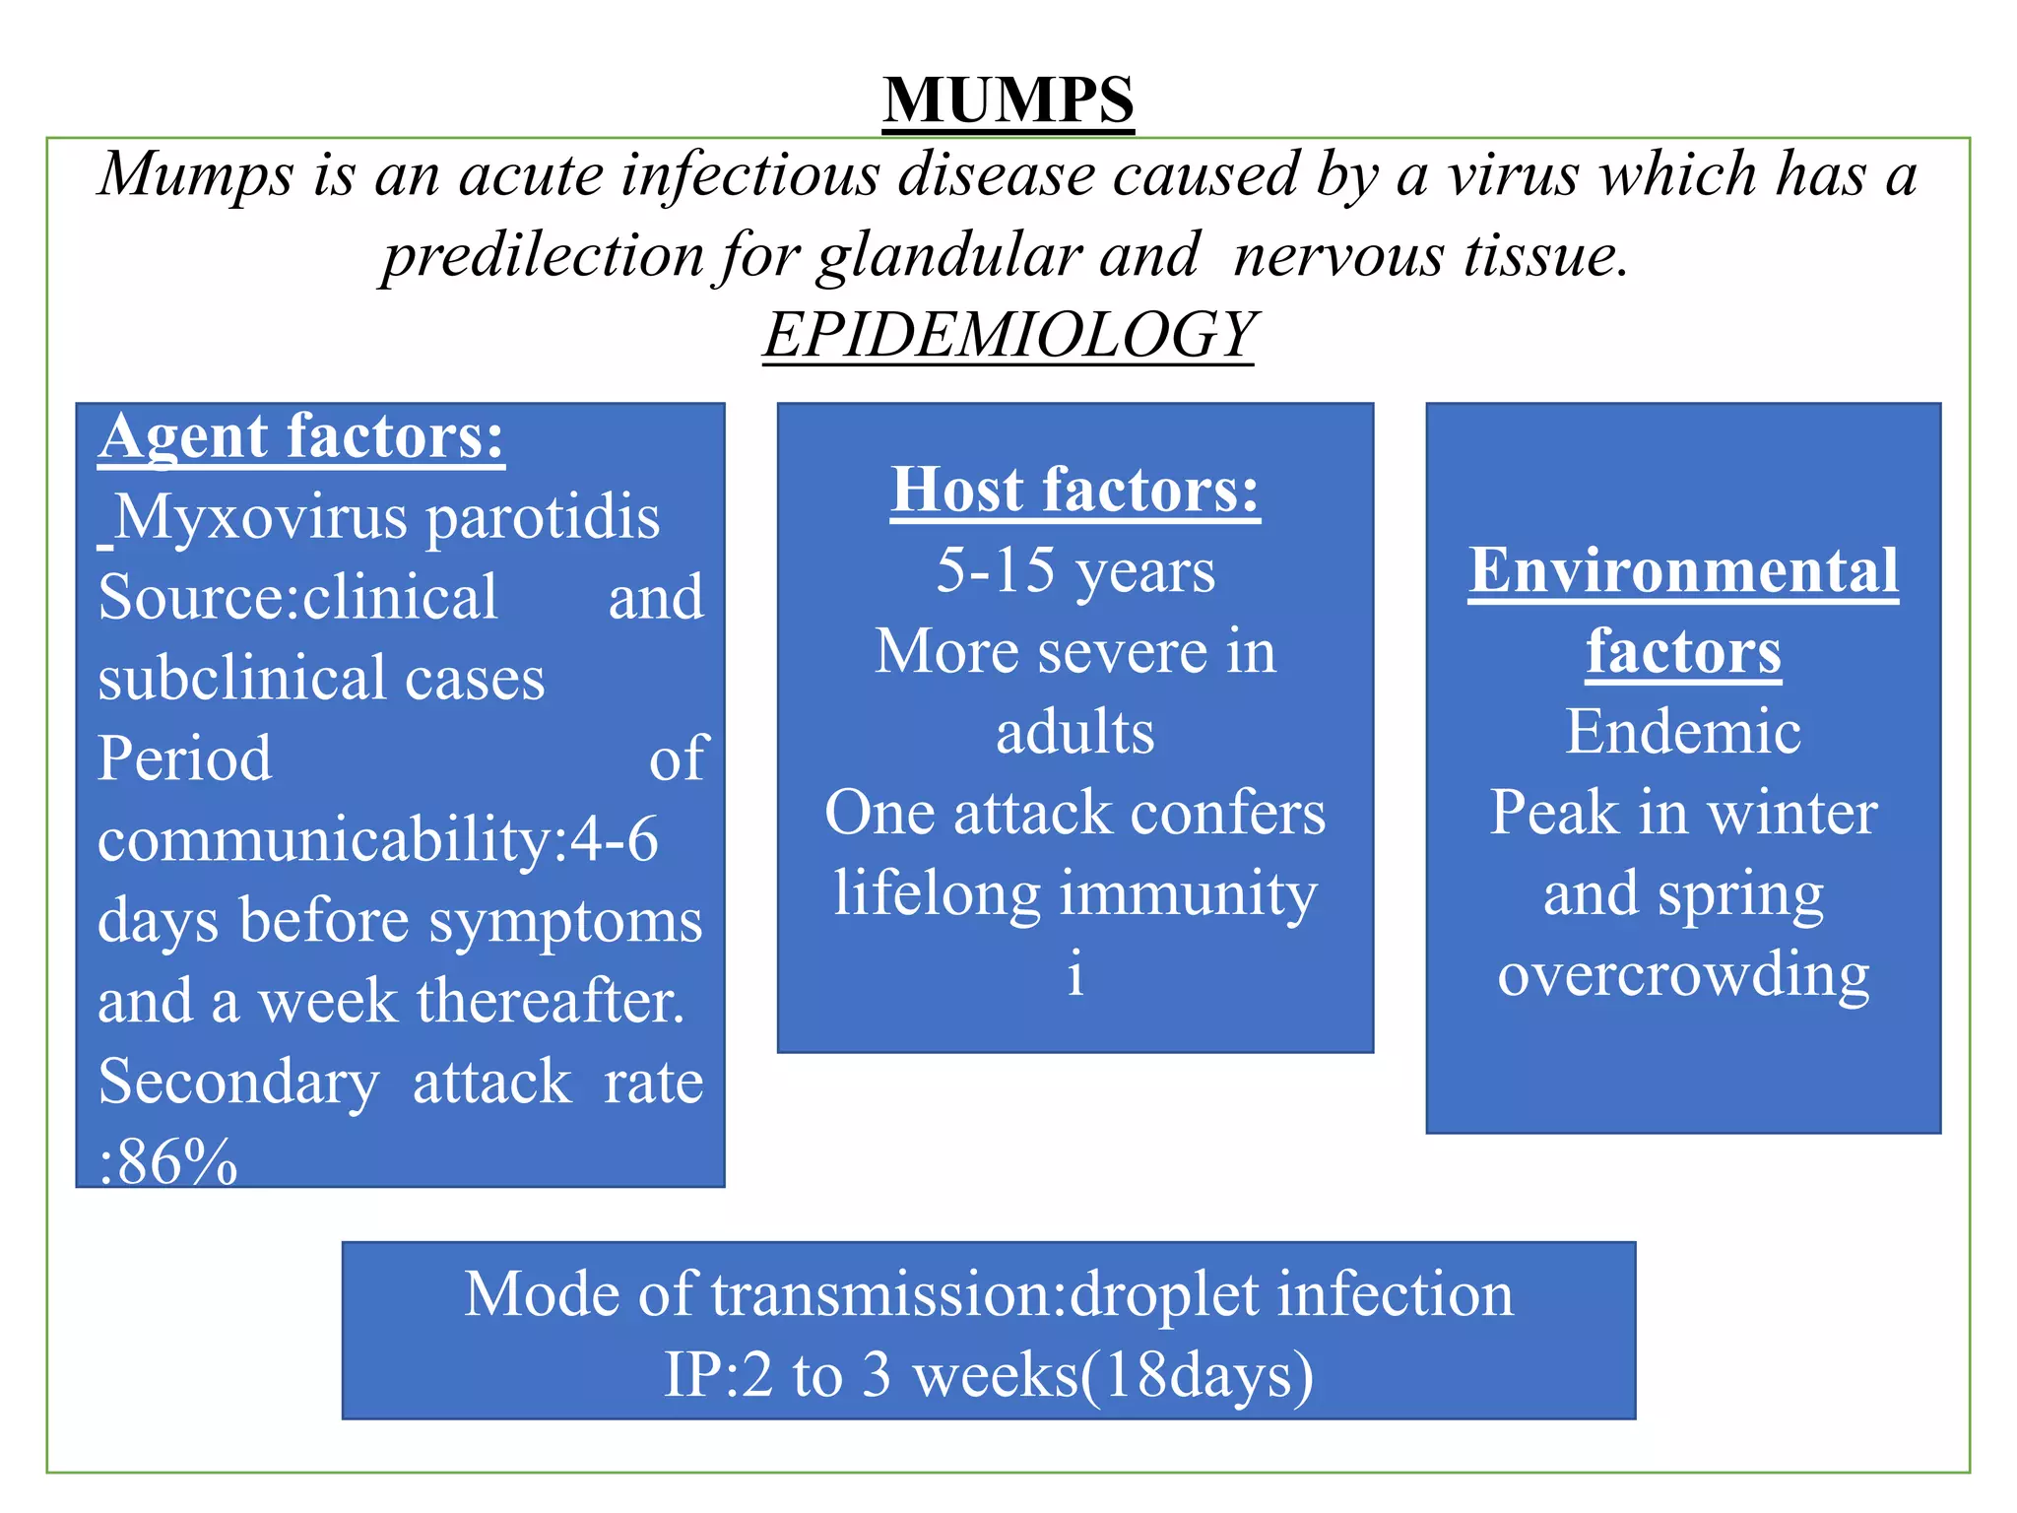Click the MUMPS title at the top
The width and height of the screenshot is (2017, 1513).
coord(1008,100)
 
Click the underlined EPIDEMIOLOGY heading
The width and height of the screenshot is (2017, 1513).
coord(1009,335)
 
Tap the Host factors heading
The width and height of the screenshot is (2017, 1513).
coord(1075,490)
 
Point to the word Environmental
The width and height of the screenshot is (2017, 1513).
coord(1683,570)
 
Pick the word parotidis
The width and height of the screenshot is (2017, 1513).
coord(543,517)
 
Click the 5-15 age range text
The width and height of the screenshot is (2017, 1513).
coord(995,570)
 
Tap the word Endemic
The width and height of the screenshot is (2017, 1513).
coord(1683,732)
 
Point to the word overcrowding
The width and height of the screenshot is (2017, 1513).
coord(1683,975)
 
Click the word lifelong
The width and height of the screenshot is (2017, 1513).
coord(937,894)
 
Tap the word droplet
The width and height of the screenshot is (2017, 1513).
coord(1163,1294)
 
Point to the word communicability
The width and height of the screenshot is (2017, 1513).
coord(326,840)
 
